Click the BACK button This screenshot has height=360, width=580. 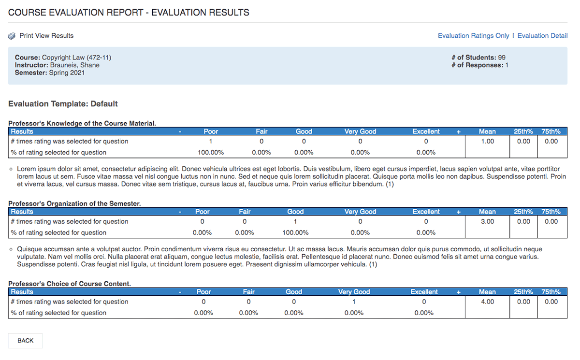pyautogui.click(x=25, y=341)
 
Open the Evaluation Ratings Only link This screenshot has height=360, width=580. pyautogui.click(x=473, y=36)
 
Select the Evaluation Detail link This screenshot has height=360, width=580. pyautogui.click(x=542, y=36)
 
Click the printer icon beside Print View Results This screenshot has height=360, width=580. pyautogui.click(x=12, y=36)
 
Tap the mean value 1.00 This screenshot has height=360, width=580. pyautogui.click(x=487, y=142)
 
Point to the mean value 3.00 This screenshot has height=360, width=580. pyautogui.click(x=487, y=222)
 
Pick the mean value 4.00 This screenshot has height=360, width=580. pyautogui.click(x=487, y=302)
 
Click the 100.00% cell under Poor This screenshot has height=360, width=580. pyautogui.click(x=211, y=153)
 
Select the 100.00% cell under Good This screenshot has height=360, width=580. pyautogui.click(x=295, y=233)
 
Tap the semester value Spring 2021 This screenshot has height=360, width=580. pyautogui.click(x=67, y=73)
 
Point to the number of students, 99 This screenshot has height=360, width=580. pyautogui.click(x=502, y=58)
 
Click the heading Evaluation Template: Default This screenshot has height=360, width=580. pyautogui.click(x=63, y=104)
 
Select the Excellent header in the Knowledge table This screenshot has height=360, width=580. pyautogui.click(x=426, y=131)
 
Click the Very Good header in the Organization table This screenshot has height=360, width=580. pyautogui.click(x=360, y=212)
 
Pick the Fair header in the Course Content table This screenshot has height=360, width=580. pyautogui.click(x=248, y=292)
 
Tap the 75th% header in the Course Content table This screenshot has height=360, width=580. pyautogui.click(x=551, y=292)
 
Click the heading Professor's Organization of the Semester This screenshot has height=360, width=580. pyautogui.click(x=74, y=203)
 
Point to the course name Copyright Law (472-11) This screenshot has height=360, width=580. pyautogui.click(x=76, y=58)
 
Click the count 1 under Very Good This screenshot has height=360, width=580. pyautogui.click(x=354, y=302)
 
